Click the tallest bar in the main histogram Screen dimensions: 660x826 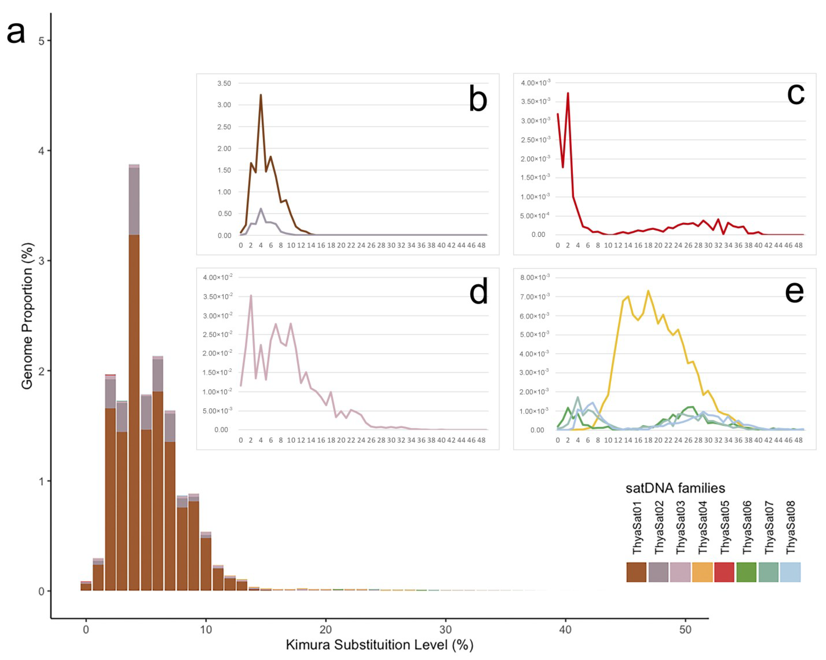click(134, 383)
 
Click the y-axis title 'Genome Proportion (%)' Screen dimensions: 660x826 click(27, 316)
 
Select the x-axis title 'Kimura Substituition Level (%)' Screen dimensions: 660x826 click(379, 645)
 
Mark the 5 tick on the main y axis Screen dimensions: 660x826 click(42, 41)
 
